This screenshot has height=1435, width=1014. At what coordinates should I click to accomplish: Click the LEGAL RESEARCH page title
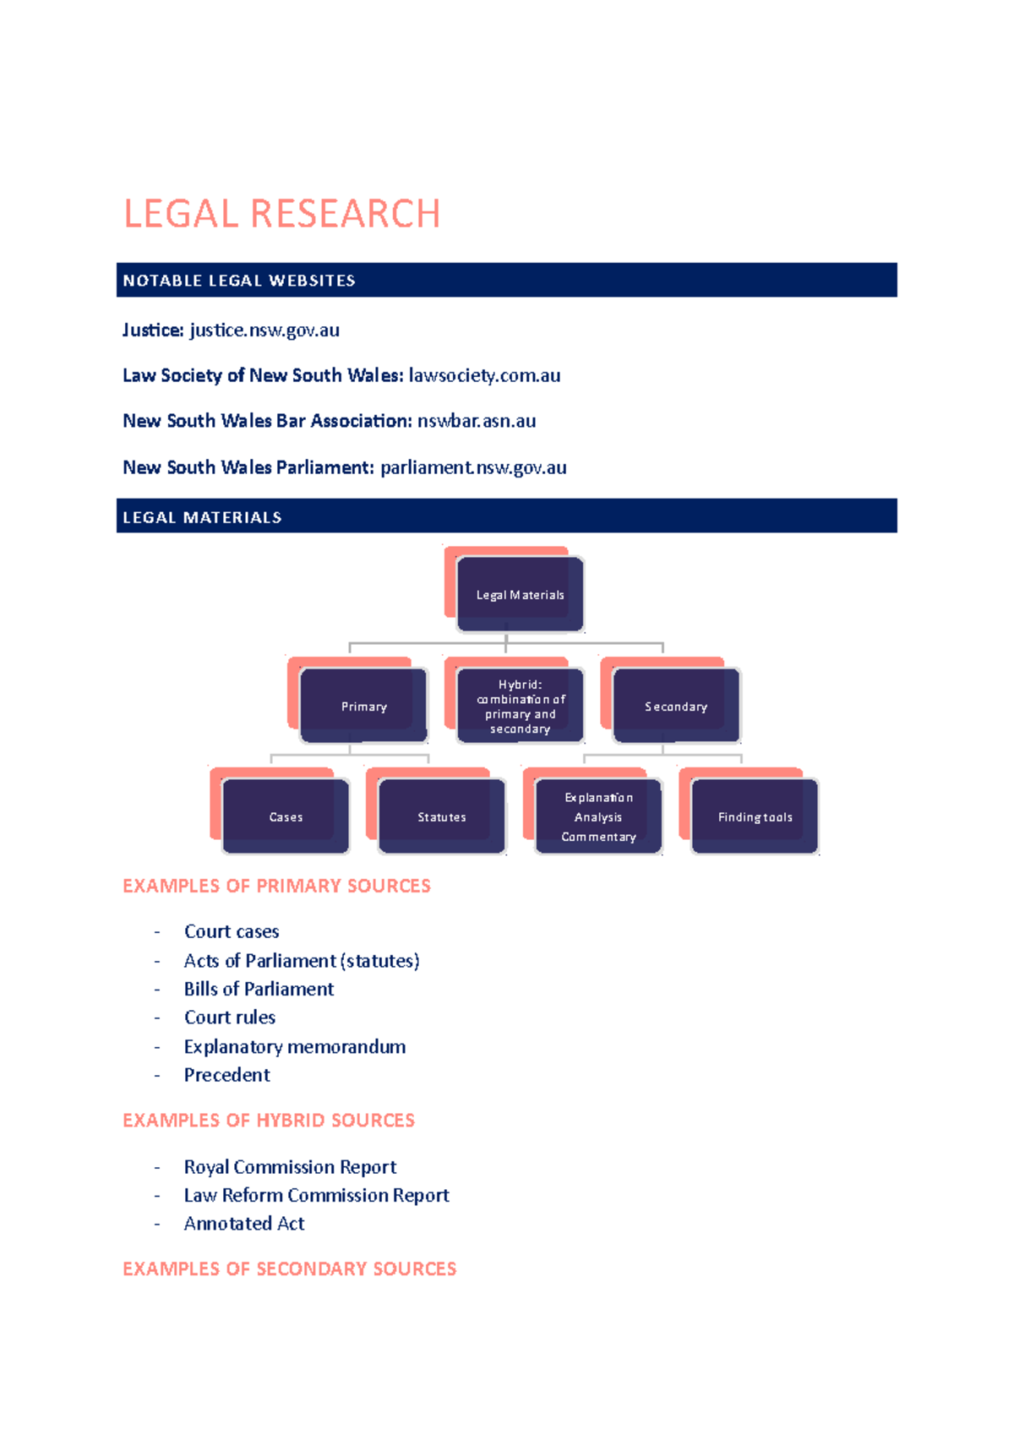pos(281,214)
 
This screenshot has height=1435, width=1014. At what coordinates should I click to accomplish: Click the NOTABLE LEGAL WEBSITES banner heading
pos(239,281)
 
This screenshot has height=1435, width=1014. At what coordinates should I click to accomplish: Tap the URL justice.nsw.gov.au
pos(264,330)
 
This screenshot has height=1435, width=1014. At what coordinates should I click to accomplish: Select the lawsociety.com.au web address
pos(484,375)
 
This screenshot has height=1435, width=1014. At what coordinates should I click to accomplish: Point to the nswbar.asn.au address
pos(477,421)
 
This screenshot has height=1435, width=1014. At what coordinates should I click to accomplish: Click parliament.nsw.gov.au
pos(473,467)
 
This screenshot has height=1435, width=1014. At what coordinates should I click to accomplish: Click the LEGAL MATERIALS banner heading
pos(202,517)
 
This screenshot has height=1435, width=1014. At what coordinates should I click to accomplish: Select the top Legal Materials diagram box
pos(520,595)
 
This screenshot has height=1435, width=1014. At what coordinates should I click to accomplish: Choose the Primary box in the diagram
pos(363,707)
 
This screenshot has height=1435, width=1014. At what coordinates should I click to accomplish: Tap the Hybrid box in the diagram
pos(520,707)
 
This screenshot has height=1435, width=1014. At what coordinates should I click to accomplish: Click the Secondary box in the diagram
pos(676,707)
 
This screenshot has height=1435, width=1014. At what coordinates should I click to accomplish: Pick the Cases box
pos(286,817)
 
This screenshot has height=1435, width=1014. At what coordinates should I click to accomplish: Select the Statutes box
pos(441,817)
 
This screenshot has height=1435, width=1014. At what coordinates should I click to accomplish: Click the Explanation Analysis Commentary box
pos(598,817)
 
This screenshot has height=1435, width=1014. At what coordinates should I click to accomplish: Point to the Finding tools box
pos(755,817)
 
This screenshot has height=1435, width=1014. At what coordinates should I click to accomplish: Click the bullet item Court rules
pos(230,1018)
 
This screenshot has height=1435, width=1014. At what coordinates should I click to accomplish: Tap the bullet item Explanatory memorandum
pos(295,1047)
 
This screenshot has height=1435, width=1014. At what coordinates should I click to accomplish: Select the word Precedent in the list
pos(227,1075)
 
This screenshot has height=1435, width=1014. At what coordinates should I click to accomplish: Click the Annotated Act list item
pos(244,1224)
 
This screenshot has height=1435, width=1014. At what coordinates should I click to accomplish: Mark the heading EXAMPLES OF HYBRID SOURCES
pos(269,1121)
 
